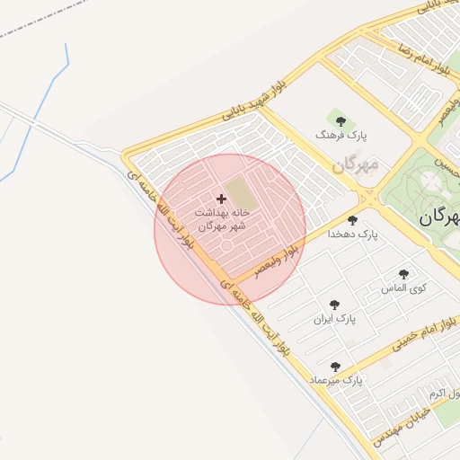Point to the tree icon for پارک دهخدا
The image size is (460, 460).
(x=352, y=219)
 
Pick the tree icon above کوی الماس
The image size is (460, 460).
(x=402, y=274)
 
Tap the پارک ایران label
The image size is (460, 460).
(x=335, y=319)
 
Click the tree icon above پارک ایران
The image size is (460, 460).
(x=335, y=305)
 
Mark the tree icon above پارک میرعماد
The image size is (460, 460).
(x=336, y=367)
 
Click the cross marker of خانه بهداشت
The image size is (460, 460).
(x=222, y=198)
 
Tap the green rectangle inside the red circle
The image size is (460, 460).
(x=239, y=192)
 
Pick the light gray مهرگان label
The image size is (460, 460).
(x=357, y=165)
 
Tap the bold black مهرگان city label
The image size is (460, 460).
(x=439, y=217)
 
